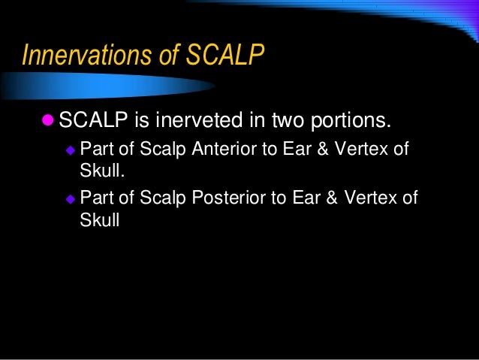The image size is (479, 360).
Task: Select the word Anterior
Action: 224,147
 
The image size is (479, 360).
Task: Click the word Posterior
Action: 228,198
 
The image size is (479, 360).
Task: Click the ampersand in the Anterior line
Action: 324,147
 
